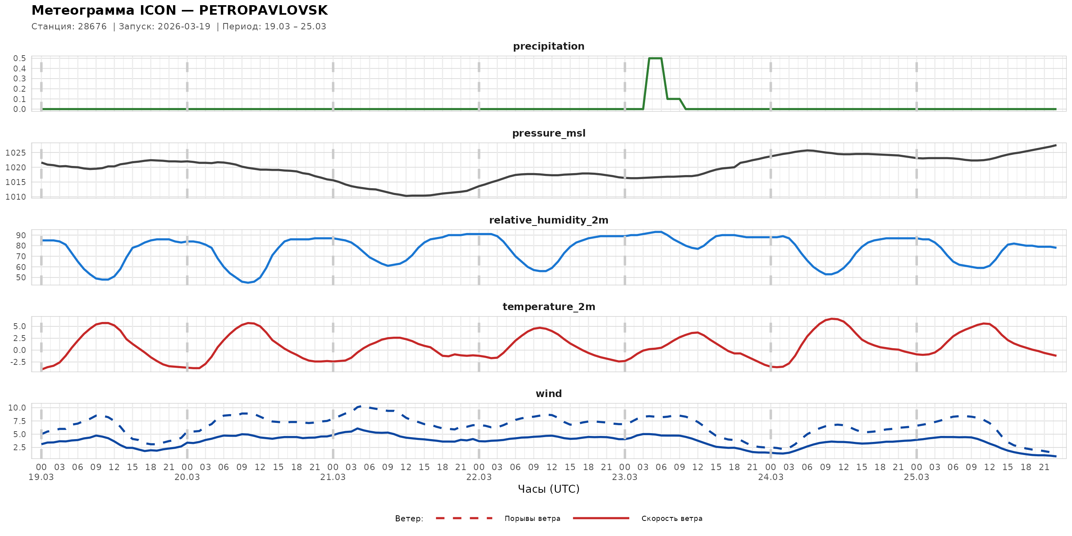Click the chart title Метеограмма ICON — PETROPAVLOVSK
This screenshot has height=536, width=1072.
(x=179, y=10)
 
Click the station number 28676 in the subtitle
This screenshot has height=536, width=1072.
(x=92, y=27)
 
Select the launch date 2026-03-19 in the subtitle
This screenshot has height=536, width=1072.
(x=184, y=27)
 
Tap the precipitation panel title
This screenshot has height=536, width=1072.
(x=548, y=46)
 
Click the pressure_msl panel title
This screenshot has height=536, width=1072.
(x=548, y=133)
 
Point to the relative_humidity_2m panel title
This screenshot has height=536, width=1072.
(x=548, y=220)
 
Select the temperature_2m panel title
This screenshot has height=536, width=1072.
(x=548, y=307)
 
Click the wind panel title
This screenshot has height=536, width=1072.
(x=548, y=394)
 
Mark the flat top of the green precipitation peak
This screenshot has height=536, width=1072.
(x=655, y=58)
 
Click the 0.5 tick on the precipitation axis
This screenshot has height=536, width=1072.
(x=19, y=58)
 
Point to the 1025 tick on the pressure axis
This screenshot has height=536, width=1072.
(x=16, y=153)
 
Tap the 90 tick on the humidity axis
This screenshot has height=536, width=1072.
(x=21, y=235)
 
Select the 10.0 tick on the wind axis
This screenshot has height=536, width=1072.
(x=17, y=408)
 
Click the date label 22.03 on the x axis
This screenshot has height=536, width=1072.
(x=478, y=477)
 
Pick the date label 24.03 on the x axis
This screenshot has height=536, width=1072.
(x=770, y=477)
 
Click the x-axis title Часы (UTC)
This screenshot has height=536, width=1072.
(x=548, y=489)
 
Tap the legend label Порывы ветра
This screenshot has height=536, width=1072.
(x=532, y=519)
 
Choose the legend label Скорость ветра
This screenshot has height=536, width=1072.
(x=672, y=519)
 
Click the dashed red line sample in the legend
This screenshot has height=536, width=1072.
(x=464, y=518)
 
